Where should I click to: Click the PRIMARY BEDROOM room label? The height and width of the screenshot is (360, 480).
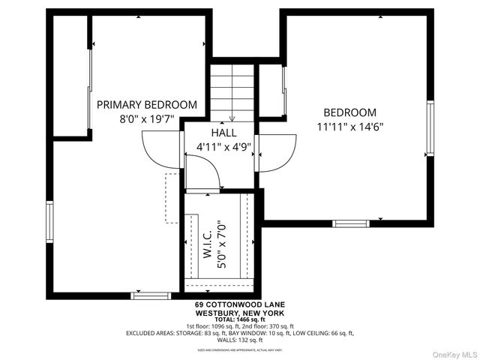(147, 105)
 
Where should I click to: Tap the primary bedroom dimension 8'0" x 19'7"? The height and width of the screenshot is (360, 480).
(147, 119)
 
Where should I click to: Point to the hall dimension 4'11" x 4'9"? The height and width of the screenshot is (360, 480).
(223, 146)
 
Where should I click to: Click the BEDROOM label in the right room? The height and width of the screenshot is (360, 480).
(349, 112)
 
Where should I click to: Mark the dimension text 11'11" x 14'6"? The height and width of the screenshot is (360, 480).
(349, 127)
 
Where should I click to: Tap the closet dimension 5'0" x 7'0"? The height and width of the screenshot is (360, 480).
(221, 244)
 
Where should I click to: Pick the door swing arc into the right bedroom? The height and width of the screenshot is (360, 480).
(275, 154)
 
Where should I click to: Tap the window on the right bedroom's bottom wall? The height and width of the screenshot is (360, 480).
(350, 223)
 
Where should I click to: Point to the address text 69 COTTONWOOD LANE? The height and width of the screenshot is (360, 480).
(239, 304)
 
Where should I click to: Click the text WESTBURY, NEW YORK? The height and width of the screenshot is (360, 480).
(239, 312)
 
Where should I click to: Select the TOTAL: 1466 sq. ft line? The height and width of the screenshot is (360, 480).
(239, 319)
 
